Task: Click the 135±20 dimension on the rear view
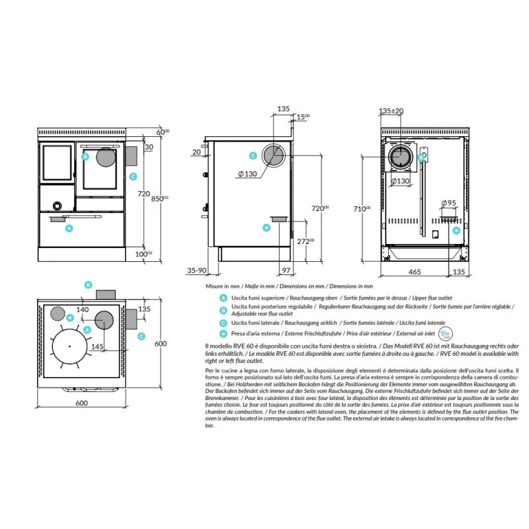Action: (x=391, y=111)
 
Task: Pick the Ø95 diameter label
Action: (x=448, y=203)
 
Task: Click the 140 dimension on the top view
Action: (x=83, y=309)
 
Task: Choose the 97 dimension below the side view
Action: (x=286, y=270)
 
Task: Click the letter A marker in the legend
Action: (x=224, y=299)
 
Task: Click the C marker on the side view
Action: (x=253, y=156)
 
